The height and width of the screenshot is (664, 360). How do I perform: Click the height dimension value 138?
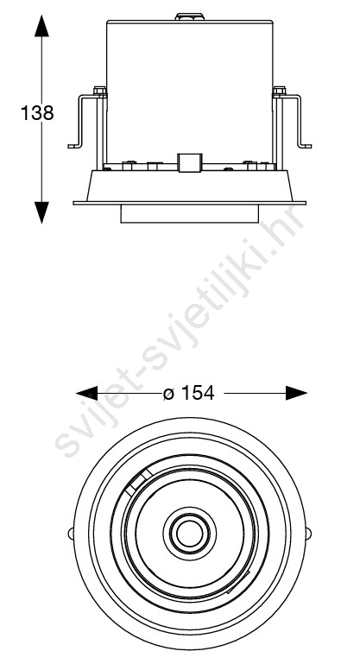37,113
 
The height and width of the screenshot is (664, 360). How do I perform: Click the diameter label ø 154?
188,394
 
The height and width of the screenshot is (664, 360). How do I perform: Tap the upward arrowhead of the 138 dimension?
41,25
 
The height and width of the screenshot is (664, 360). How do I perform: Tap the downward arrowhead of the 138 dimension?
41,212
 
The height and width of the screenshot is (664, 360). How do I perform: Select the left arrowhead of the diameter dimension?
87,393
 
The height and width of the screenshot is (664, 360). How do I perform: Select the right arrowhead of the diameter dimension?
296,393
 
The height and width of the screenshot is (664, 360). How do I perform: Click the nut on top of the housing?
189,17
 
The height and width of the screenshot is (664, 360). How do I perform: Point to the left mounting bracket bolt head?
99,91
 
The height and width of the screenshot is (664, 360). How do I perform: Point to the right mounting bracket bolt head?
280,91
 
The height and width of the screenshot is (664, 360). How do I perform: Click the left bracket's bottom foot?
74,146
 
